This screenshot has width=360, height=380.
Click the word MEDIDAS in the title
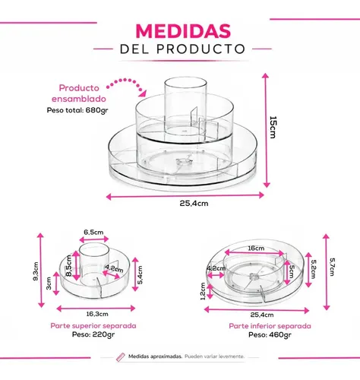click(183, 31)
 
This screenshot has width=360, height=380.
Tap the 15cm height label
click(273, 127)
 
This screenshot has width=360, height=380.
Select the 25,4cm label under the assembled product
click(194, 204)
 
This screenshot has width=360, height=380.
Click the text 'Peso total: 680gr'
click(77, 110)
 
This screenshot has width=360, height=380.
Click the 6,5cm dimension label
click(93, 232)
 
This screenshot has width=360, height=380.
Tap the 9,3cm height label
click(36, 271)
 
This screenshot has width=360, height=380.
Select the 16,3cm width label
click(97, 314)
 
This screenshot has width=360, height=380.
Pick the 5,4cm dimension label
click(141, 275)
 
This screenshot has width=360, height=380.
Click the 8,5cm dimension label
click(68, 266)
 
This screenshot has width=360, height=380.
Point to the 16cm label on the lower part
click(256, 249)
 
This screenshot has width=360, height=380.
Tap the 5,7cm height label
click(332, 267)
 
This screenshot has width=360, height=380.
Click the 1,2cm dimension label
click(203, 291)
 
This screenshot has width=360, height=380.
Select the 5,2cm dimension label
click(314, 269)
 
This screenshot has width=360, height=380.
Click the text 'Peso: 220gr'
click(93, 334)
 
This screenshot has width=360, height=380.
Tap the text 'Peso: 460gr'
click(270, 335)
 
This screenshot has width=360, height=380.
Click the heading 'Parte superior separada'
click(93, 326)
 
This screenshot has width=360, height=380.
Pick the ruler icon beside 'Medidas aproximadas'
click(121, 356)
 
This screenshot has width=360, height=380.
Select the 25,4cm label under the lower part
click(262, 315)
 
